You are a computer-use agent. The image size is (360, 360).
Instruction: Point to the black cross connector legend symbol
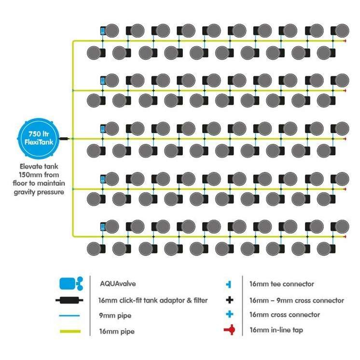pyautogui.click(x=230, y=300)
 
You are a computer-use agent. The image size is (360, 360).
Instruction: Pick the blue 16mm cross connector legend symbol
pyautogui.click(x=230, y=315)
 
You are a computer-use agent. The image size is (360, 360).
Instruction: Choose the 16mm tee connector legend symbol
pyautogui.click(x=230, y=284)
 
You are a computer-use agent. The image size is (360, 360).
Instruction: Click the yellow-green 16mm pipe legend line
pyautogui.click(x=69, y=331)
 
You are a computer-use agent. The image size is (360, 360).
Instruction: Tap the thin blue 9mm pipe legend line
pyautogui.click(x=69, y=316)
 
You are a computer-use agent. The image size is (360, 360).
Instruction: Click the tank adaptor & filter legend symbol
pyautogui.click(x=69, y=300)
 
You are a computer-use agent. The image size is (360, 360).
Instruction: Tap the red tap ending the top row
pyautogui.click(x=344, y=41)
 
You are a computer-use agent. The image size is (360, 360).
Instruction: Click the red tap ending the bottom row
pyautogui.click(x=344, y=237)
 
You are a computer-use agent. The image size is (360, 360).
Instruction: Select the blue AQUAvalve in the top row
pyautogui.click(x=103, y=31)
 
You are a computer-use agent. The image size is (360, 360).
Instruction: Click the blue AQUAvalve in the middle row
pyautogui.click(x=103, y=129)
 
